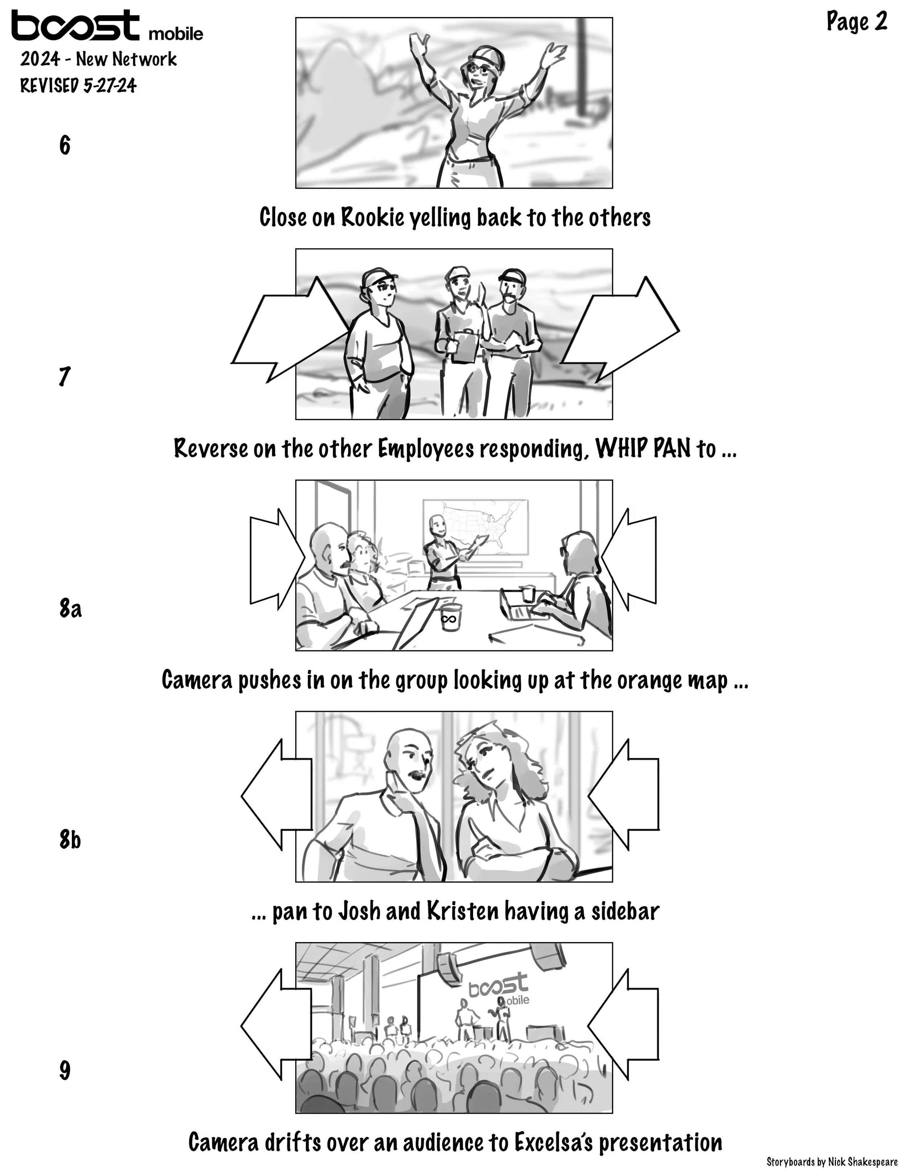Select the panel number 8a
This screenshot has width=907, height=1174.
pos(70,609)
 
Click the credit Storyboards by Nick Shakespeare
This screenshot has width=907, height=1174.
pos(832,1162)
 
